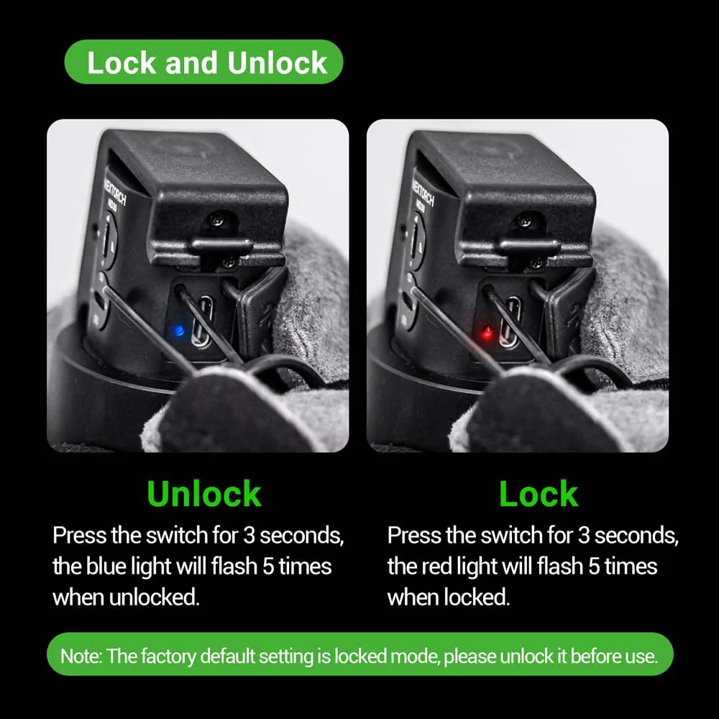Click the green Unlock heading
click(x=204, y=494)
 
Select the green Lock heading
click(x=539, y=494)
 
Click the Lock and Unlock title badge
click(x=204, y=62)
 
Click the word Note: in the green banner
click(x=81, y=656)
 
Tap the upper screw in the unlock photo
click(x=219, y=221)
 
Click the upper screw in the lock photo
click(x=526, y=221)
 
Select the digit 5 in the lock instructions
click(x=595, y=567)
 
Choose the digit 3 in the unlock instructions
click(x=249, y=536)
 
